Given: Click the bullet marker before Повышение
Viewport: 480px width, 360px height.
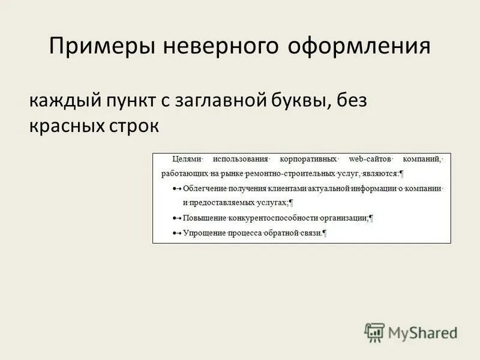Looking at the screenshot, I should click(x=175, y=218).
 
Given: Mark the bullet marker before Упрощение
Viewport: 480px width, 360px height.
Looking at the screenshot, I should click(x=175, y=233).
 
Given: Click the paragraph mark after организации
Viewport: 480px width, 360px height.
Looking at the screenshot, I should click(x=371, y=218).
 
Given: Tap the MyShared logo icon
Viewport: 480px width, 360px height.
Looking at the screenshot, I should click(x=374, y=332).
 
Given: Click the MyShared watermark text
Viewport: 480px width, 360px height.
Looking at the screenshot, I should click(x=422, y=332).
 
